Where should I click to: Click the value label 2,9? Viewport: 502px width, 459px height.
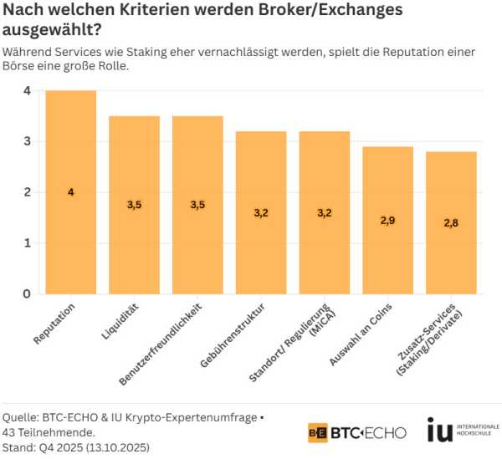point(387,220)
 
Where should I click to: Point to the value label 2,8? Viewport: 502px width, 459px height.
point(451,222)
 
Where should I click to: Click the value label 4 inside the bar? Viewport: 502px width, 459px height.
point(71,192)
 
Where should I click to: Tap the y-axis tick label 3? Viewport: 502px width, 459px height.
point(27,141)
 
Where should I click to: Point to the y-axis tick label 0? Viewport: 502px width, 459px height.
point(27,293)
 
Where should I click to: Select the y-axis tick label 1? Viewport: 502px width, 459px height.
point(27,242)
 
